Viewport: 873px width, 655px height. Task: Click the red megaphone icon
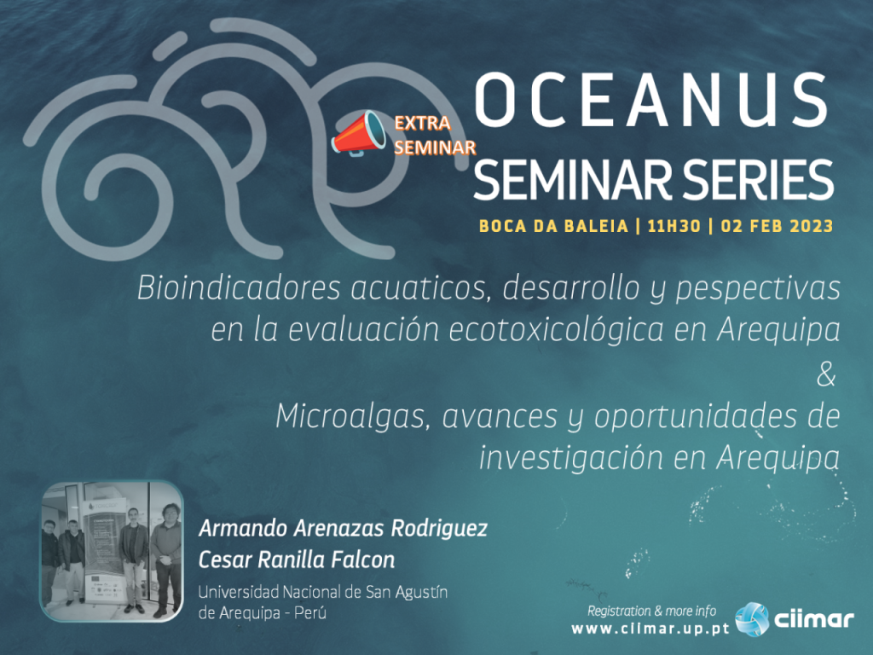(x=359, y=132)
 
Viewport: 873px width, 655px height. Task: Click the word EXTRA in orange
(x=423, y=123)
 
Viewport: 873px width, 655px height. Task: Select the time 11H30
(x=674, y=226)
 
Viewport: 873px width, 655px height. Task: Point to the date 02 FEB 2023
(x=777, y=226)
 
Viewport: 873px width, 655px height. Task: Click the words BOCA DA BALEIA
(x=553, y=226)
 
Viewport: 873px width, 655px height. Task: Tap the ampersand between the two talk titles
(x=826, y=375)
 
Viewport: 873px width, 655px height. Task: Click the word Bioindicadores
(x=239, y=288)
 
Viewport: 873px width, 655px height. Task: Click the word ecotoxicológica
(x=556, y=330)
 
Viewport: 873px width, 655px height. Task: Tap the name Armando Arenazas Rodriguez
(x=343, y=528)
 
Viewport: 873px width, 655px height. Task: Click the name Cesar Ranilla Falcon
(x=297, y=559)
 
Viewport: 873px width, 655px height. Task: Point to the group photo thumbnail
(x=113, y=551)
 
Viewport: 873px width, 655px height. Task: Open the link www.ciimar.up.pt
(x=650, y=629)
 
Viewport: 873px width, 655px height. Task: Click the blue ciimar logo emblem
(x=752, y=619)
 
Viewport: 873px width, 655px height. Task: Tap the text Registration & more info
(x=651, y=611)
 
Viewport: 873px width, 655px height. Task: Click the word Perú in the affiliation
(x=310, y=612)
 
